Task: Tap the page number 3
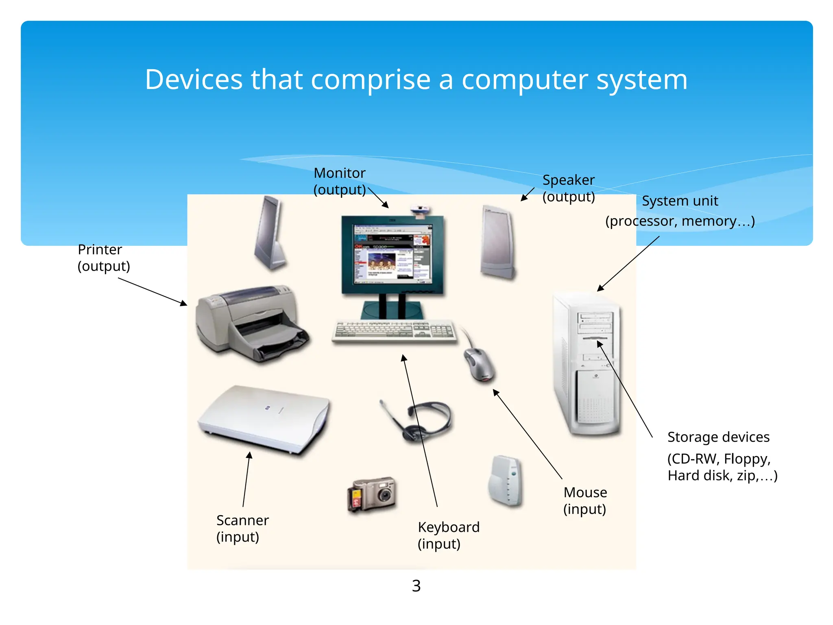click(x=416, y=586)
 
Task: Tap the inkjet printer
click(x=250, y=323)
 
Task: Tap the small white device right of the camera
click(x=506, y=481)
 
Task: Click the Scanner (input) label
click(x=242, y=529)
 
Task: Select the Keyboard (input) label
click(x=448, y=535)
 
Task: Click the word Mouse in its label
click(x=585, y=492)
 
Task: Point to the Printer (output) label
click(x=103, y=258)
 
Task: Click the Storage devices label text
click(x=718, y=437)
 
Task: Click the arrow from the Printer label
click(x=153, y=291)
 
